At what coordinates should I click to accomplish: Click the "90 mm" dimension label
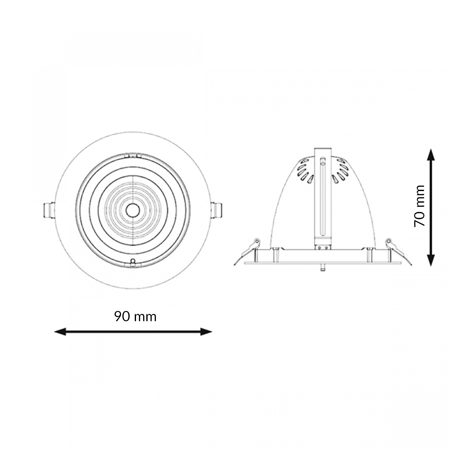[x=135, y=317]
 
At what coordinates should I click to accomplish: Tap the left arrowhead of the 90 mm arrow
[x=60, y=332]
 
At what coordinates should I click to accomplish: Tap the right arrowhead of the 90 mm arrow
[x=206, y=332]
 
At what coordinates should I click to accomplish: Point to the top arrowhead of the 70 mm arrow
[x=431, y=154]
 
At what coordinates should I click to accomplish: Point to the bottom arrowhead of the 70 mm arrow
[x=431, y=260]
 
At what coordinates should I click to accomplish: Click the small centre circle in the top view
[x=133, y=210]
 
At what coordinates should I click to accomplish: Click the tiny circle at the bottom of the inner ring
[x=133, y=261]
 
